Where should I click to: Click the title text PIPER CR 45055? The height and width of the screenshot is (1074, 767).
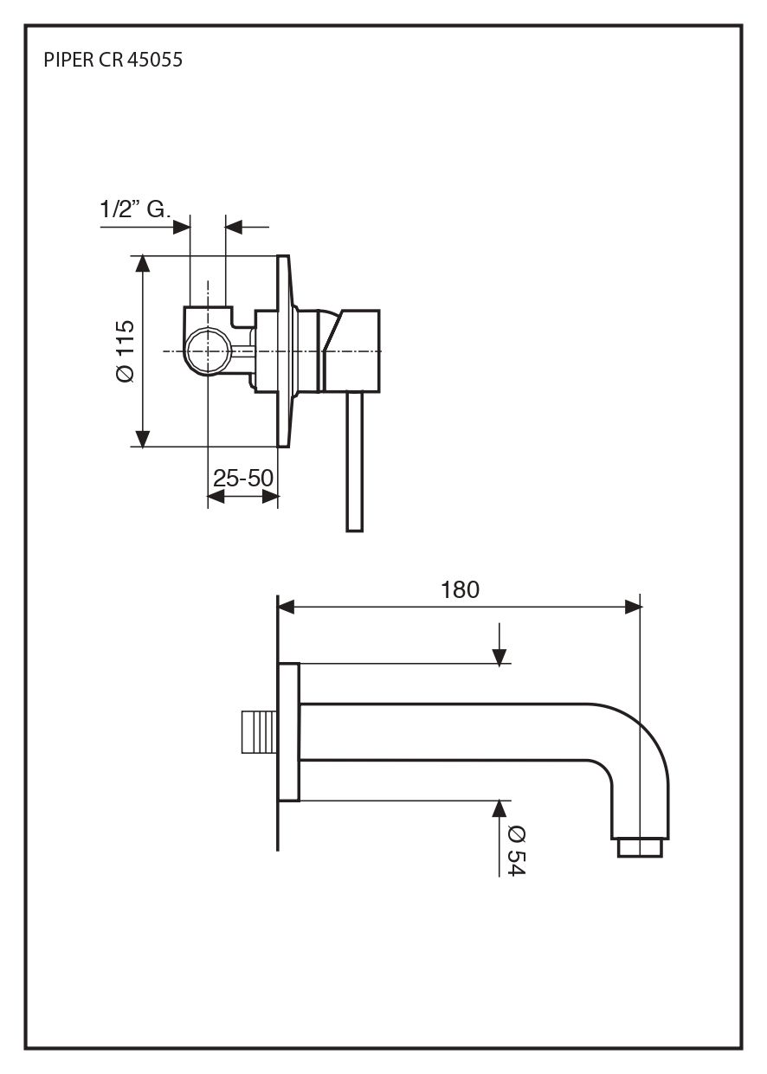113,60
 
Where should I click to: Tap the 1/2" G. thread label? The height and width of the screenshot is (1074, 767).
135,209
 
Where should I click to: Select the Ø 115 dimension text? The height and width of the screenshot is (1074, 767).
126,351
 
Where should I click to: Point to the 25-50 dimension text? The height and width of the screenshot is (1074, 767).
243,478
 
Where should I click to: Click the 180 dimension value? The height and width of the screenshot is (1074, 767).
460,589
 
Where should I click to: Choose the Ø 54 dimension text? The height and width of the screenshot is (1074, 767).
517,851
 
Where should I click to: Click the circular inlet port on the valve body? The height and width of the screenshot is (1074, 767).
208,351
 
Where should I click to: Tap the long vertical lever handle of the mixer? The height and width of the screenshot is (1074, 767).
354,462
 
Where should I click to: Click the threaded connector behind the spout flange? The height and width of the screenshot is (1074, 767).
260,731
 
